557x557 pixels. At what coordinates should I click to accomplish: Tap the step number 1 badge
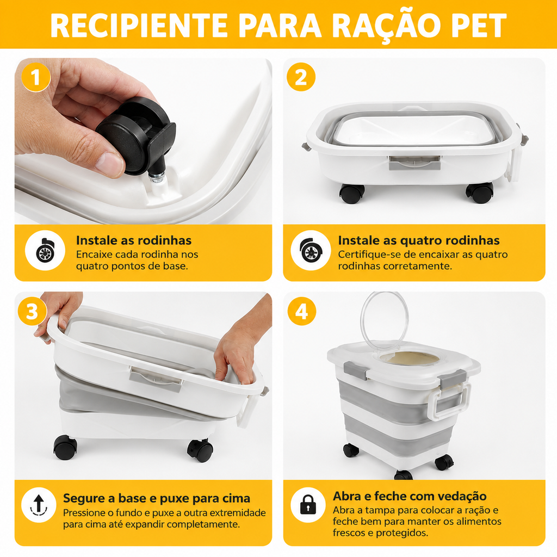pyautogui.click(x=35, y=77)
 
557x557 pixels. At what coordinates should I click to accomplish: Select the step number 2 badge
pyautogui.click(x=301, y=77)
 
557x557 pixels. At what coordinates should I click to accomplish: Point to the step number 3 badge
pyautogui.click(x=32, y=312)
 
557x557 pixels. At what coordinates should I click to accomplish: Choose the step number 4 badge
pyautogui.click(x=301, y=312)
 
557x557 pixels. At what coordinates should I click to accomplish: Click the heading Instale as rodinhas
pyautogui.click(x=134, y=240)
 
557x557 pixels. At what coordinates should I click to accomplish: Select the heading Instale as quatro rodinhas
pyautogui.click(x=419, y=240)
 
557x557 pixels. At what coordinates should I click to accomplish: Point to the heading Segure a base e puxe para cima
pyautogui.click(x=157, y=498)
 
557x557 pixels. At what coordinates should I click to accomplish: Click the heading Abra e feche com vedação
pyautogui.click(x=410, y=496)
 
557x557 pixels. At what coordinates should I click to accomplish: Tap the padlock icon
pyautogui.click(x=308, y=505)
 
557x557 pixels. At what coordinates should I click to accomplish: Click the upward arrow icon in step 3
pyautogui.click(x=39, y=505)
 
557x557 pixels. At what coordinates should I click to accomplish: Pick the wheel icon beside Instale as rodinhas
pyautogui.click(x=45, y=250)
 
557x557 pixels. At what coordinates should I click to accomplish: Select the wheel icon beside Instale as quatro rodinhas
pyautogui.click(x=311, y=250)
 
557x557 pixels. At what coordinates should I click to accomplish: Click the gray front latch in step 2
pyautogui.click(x=414, y=163)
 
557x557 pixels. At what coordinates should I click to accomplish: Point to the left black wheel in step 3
pyautogui.click(x=65, y=448)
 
